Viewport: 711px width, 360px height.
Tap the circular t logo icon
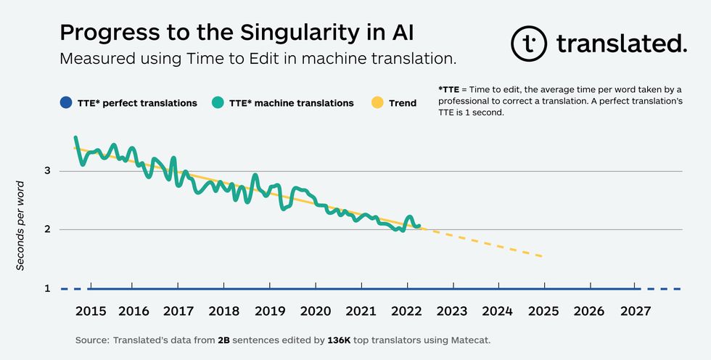click(529, 44)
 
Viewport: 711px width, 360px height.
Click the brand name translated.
click(621, 44)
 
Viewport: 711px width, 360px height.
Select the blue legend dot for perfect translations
click(65, 103)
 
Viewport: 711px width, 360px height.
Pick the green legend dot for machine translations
click(217, 103)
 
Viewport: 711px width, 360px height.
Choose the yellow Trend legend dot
click(377, 103)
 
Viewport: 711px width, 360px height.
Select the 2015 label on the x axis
click(91, 311)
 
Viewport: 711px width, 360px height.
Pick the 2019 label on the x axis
click(271, 311)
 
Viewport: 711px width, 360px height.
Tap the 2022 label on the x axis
click(407, 311)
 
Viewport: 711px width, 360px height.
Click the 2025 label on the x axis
click(543, 311)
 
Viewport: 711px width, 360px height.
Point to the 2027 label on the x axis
click(635, 311)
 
